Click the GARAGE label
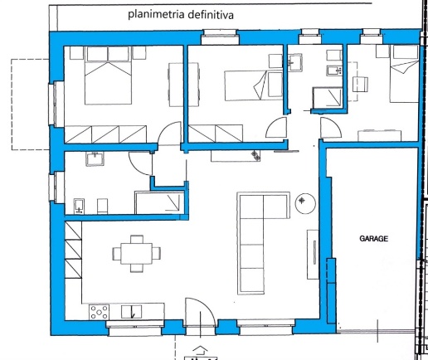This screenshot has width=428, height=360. pos(373,238)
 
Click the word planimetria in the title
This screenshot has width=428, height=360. pos(156,14)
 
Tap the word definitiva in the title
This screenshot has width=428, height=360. pos(211,15)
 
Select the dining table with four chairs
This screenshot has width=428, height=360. pos(137,254)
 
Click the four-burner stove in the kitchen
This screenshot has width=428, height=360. pos(99,312)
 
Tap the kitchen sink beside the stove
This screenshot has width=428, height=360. pos(131,312)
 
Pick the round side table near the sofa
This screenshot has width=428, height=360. pos(305,203)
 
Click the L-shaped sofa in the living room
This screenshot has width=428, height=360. pos(264,243)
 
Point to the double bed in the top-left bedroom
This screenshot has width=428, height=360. pos(108,75)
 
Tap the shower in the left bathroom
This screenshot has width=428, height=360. pos(159,202)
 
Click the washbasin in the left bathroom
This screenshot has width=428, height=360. pos(95,159)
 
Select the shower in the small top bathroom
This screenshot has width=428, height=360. pos(328,98)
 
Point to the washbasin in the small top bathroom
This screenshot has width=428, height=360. pos(294,62)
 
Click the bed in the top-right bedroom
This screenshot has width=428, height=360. pos(404,74)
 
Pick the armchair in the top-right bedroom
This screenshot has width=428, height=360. pos(360,84)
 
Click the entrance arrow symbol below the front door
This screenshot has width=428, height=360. pos(200,350)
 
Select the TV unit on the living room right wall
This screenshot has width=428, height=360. pos(313,254)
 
